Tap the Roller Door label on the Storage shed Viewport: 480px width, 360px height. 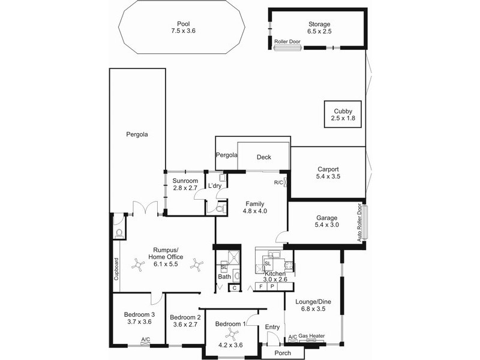coord(288,43)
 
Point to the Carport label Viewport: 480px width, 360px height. coord(327,169)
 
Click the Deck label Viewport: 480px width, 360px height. coord(264,157)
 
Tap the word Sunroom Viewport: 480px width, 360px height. coord(185,181)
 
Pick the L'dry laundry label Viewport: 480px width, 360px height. coord(215,187)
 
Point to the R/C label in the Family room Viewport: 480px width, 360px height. coord(278,182)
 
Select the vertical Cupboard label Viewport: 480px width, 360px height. coord(116,269)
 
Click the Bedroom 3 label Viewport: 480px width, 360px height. coord(139,314)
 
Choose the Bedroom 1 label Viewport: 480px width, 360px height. coord(230,324)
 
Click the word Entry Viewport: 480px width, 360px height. coord(272,327)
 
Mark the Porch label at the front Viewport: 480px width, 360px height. coord(283,353)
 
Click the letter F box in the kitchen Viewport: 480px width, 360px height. coord(261,287)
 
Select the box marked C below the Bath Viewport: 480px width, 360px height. coord(235,288)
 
